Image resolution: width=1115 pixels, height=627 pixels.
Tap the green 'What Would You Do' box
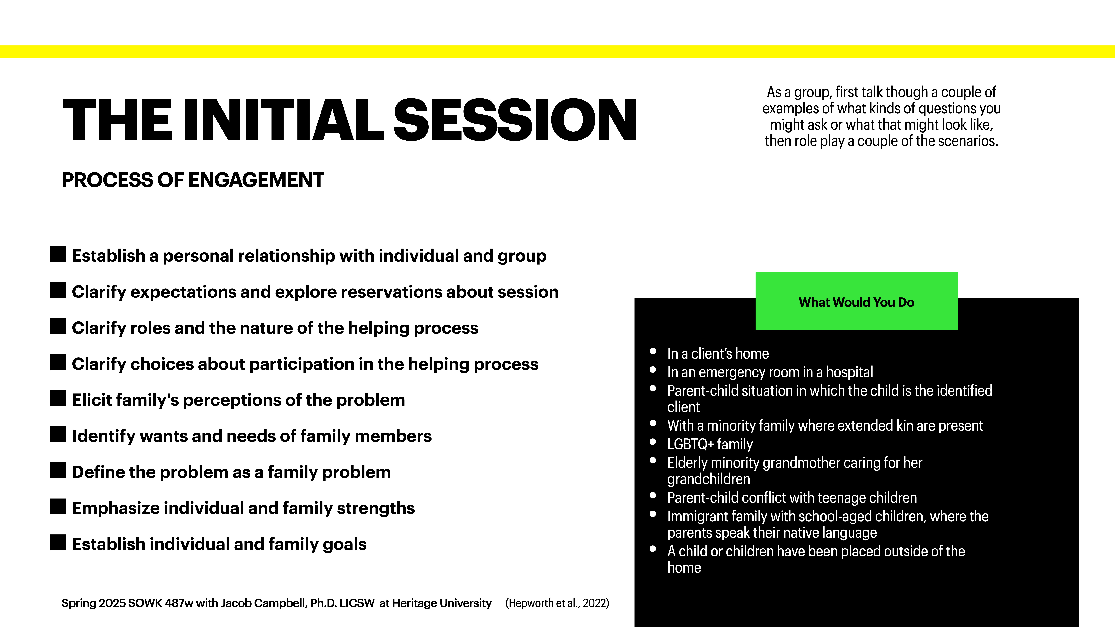tap(856, 302)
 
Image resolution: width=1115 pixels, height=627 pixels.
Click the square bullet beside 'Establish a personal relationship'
tap(58, 254)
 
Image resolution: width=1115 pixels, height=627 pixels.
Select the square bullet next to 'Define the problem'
tap(58, 470)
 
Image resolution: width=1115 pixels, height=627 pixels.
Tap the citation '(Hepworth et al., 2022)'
tap(557, 603)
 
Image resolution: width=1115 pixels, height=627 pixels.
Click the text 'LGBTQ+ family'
tap(710, 444)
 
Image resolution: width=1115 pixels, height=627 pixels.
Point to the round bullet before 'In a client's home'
tap(653, 351)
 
